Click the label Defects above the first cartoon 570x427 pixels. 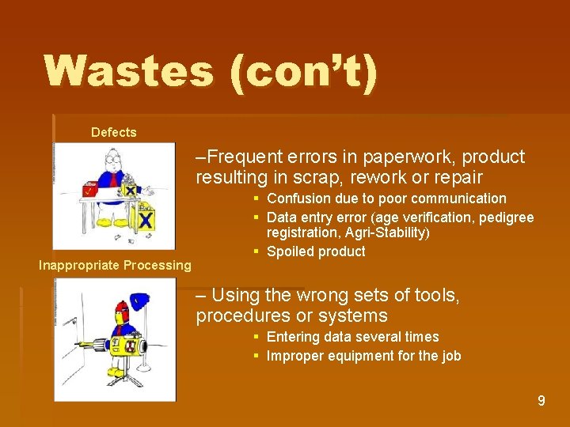(x=113, y=133)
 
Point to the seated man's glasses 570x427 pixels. (x=112, y=161)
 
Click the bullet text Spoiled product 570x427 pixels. (x=316, y=251)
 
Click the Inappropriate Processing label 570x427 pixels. (x=115, y=266)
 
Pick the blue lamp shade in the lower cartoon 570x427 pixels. (x=140, y=300)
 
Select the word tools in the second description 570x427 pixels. (x=436, y=297)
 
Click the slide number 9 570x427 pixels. (x=541, y=401)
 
